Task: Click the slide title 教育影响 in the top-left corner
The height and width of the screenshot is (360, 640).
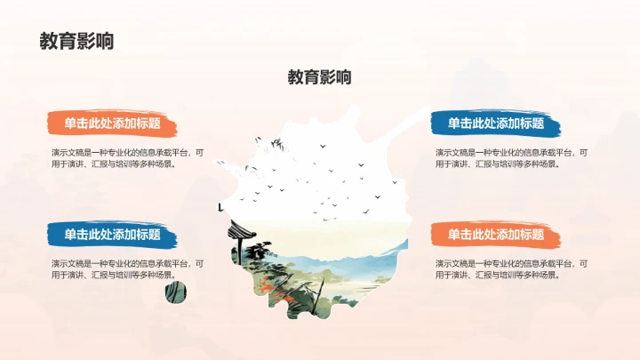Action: tap(76, 41)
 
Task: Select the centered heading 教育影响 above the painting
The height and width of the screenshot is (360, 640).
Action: tap(319, 77)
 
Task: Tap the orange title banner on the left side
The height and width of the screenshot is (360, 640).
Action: tap(113, 124)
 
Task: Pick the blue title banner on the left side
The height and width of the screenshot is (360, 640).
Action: tap(113, 235)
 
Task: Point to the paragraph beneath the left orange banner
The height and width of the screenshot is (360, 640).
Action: tap(127, 158)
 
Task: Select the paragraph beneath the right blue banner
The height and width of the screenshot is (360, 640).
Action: tap(511, 158)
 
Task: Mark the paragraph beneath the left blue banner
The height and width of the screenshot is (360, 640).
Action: tap(127, 269)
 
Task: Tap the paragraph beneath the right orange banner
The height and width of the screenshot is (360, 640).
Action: tap(511, 269)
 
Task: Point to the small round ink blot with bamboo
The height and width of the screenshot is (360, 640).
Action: tap(178, 292)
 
